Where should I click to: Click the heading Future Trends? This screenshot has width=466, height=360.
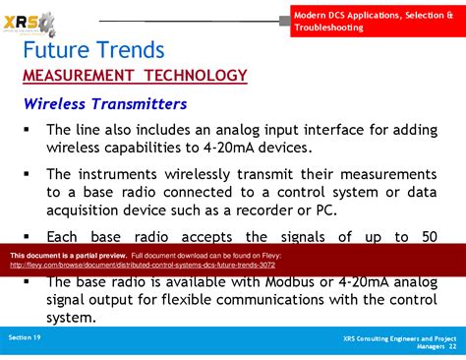93,50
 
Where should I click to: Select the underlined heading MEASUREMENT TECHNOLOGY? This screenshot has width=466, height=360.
135,76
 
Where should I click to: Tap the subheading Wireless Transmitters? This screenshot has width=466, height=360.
105,103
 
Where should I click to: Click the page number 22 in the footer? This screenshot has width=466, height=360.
452,346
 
